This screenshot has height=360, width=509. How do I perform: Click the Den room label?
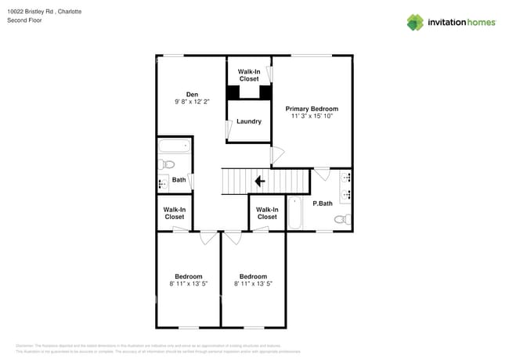pos(192,95)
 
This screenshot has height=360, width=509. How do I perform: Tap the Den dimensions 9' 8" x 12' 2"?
pos(192,103)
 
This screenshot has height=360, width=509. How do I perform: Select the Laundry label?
pos(249,121)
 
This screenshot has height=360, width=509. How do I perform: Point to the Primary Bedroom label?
pos(312,109)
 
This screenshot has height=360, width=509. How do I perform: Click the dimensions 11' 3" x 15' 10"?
pos(312,117)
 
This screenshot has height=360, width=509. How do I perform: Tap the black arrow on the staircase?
pos(259,182)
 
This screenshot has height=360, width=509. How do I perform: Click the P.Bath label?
pos(323,203)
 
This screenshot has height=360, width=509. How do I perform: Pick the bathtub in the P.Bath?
pos(295,214)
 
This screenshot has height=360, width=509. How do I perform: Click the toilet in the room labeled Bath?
pos(165,164)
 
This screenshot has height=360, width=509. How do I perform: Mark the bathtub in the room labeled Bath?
pos(175,146)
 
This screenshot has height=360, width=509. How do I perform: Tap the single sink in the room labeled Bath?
pos(163,185)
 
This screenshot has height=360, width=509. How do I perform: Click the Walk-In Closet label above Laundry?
pos(249,75)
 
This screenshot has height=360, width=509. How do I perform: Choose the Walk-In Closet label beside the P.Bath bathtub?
pos(267,213)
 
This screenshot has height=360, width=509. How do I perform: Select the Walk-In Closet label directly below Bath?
pos(175,213)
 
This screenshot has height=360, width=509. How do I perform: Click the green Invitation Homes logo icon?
pos(414,22)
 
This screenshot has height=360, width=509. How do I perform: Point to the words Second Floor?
pos(24,20)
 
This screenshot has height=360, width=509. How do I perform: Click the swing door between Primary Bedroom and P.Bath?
pos(322,174)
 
